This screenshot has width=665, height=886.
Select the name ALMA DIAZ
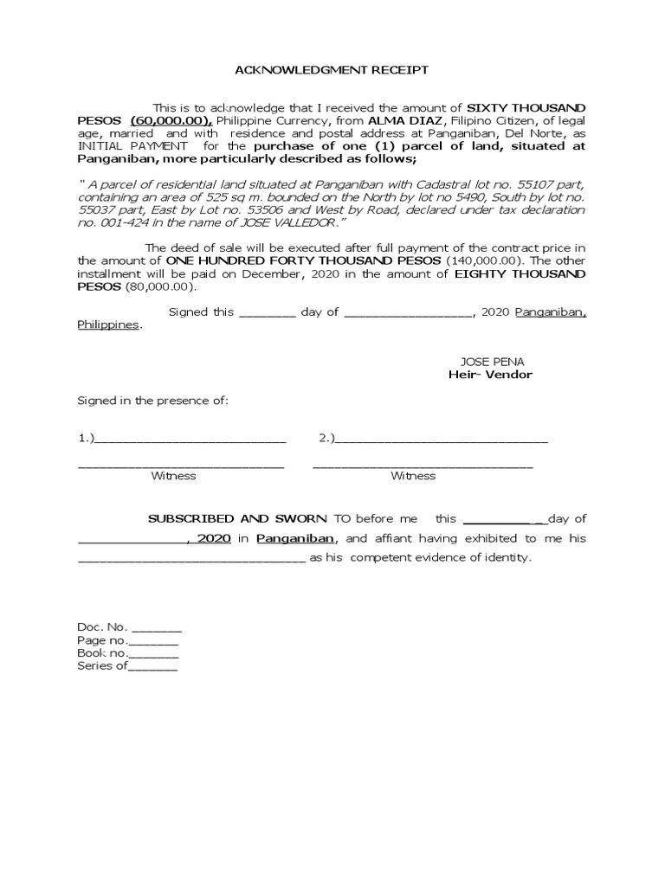407,119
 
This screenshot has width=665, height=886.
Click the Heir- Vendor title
490,375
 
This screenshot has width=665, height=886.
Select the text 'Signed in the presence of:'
152,401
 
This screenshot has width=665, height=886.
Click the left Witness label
173,476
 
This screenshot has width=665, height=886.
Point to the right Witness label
413,476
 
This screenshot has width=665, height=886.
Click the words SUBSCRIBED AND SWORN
237,518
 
